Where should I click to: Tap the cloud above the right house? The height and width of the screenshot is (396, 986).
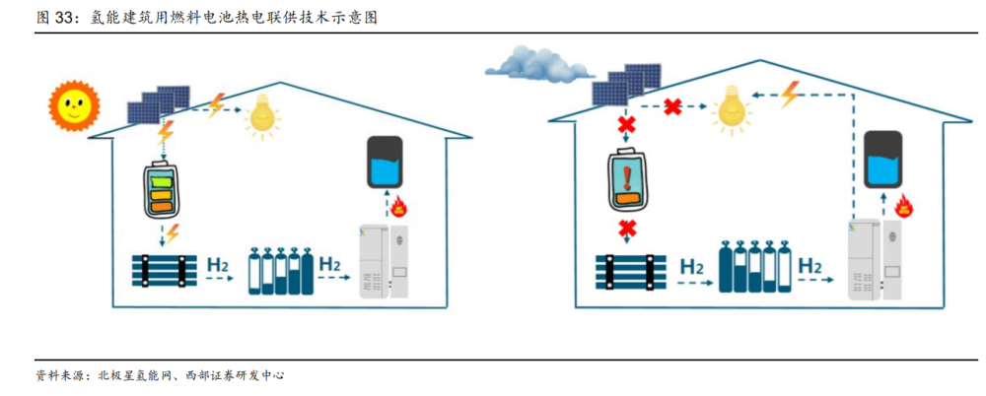pyautogui.click(x=538, y=65)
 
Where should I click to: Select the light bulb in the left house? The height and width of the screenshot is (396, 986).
pyautogui.click(x=262, y=114)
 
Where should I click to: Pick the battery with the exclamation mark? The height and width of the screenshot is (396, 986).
pyautogui.click(x=627, y=182)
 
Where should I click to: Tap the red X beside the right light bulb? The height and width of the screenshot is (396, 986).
pyautogui.click(x=673, y=105)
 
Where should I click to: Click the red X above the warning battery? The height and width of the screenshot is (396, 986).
pyautogui.click(x=626, y=125)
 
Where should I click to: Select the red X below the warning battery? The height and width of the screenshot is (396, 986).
pyautogui.click(x=626, y=231)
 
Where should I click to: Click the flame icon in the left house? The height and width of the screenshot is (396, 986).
pyautogui.click(x=400, y=206)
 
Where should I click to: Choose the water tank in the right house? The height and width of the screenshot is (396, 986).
pyautogui.click(x=883, y=159)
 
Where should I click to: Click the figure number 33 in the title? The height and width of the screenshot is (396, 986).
pyautogui.click(x=65, y=18)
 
